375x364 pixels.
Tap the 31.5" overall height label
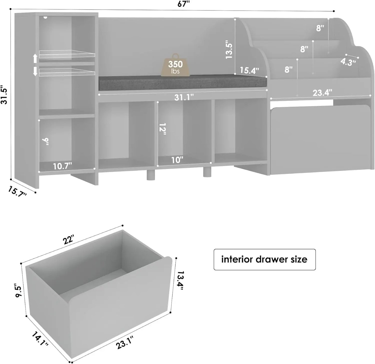point(4,95)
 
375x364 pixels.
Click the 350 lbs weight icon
point(175,65)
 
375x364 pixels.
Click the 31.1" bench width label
point(184,97)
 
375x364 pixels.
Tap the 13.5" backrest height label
point(229,49)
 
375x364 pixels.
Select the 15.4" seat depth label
point(249,70)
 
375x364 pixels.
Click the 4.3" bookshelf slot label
point(348,62)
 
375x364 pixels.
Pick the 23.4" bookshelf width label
point(322,93)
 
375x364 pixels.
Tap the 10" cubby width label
point(177,160)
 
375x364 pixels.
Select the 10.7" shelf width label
point(62,166)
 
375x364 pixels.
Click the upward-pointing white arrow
point(35,59)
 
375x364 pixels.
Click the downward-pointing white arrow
point(35,72)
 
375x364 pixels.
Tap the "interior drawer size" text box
point(264,259)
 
